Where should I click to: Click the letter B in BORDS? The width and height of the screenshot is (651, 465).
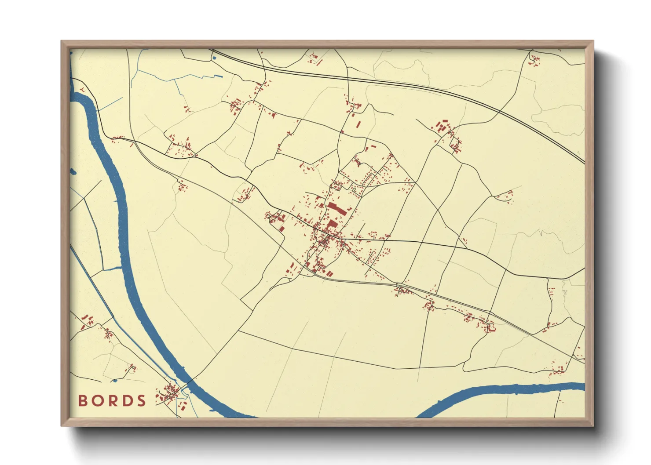(83, 401)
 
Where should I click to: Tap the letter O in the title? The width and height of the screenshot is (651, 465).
(97, 401)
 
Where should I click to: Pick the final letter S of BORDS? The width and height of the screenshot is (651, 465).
(141, 401)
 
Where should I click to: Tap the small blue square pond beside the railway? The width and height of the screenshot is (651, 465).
(214, 58)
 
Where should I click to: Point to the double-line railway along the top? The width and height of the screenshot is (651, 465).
(396, 83)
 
